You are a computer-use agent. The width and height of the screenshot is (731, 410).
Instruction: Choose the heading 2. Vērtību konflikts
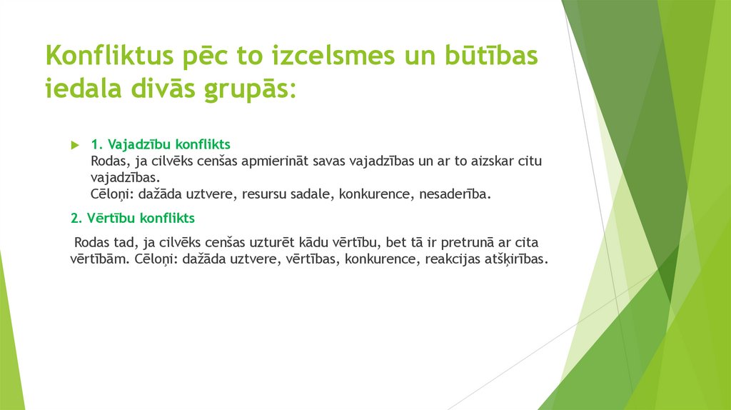point(133,217)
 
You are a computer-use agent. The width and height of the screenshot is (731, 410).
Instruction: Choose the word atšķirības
point(519,259)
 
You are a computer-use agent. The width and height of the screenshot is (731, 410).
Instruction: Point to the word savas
point(329,161)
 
